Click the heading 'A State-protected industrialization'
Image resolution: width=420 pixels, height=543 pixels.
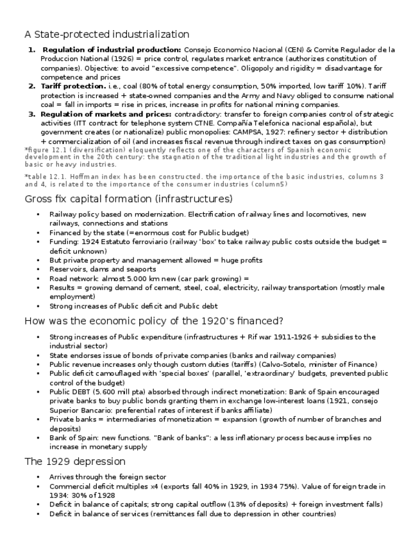click(106, 34)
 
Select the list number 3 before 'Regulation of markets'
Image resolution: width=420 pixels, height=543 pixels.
click(30, 114)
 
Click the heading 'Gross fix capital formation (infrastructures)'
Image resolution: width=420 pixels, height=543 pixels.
click(128, 200)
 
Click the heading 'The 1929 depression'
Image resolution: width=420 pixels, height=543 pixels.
click(74, 462)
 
